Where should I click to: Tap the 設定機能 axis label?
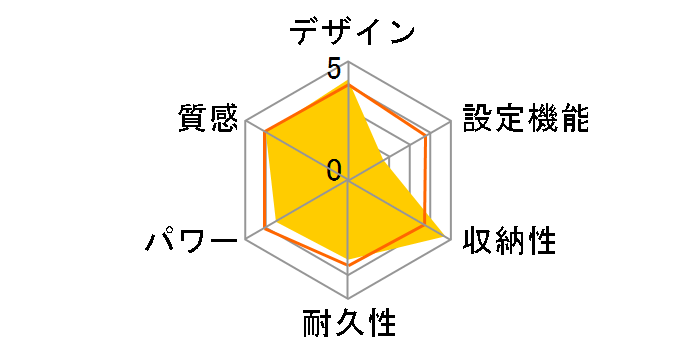[525, 119]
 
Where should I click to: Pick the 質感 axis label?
[209, 119]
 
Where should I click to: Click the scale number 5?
[333, 68]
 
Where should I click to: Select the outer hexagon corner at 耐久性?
[347, 298]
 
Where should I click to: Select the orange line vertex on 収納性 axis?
[424, 226]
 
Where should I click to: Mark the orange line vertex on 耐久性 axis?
[347, 264]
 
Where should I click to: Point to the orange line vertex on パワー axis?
[264, 229]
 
